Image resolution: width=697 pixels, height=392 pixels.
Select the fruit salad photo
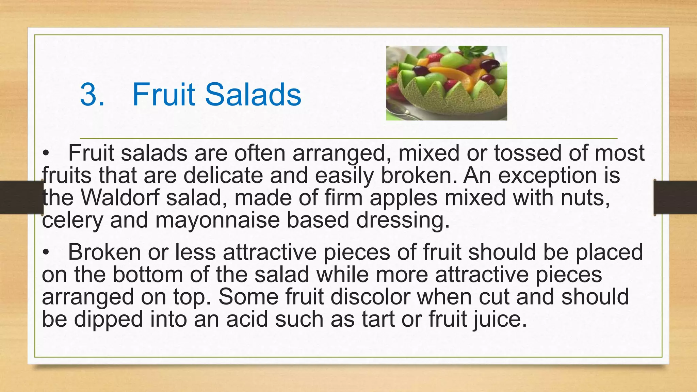pyautogui.click(x=447, y=83)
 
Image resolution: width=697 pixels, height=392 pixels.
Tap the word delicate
pyautogui.click(x=223, y=176)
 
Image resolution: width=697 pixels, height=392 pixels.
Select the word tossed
pyautogui.click(x=528, y=153)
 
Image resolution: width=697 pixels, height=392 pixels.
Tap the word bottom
pyautogui.click(x=148, y=275)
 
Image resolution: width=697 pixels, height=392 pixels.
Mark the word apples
pyautogui.click(x=404, y=197)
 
